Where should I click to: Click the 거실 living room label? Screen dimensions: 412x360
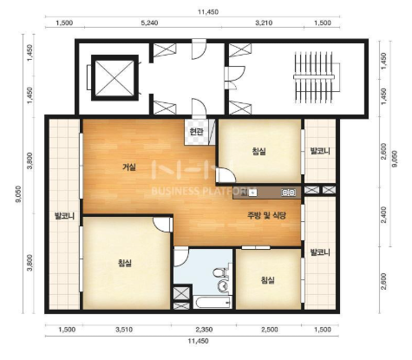tap(129, 167)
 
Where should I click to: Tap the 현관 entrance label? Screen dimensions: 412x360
tap(196, 132)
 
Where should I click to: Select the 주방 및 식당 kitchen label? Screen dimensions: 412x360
tap(266, 215)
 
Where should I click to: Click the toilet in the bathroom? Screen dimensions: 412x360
tap(219, 273)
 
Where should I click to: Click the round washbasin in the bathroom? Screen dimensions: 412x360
tap(223, 286)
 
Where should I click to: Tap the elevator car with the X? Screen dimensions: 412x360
tap(114, 78)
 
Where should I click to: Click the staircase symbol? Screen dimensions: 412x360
tap(314, 77)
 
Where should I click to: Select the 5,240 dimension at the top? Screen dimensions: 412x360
tap(149, 23)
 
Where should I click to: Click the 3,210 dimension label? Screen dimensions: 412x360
tap(264, 23)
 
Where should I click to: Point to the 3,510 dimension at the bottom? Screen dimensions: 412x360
tap(124, 330)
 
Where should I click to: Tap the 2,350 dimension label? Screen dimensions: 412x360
tap(204, 330)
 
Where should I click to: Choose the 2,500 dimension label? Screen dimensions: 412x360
tap(269, 330)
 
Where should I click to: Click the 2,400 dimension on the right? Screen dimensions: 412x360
tap(383, 214)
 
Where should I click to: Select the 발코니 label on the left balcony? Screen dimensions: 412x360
tap(64, 216)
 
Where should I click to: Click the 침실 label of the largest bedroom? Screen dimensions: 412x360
tap(125, 263)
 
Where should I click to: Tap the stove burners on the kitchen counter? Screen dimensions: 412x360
tap(288, 192)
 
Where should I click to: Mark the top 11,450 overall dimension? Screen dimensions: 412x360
tap(208, 12)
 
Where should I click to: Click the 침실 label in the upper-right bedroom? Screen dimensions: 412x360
tap(259, 151)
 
